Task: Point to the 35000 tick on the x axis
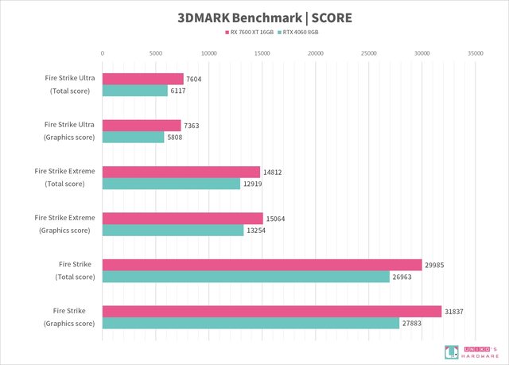476,52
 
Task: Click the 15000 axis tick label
262,52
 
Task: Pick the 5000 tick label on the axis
156,52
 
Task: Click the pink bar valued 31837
271,311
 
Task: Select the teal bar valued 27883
251,323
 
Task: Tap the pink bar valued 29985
262,265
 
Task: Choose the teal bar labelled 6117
134,91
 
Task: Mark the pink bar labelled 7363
142,126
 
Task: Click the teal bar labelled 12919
171,184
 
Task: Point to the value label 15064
276,219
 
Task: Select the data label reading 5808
176,138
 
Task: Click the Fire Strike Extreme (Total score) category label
65,177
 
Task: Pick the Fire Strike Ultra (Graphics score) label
69,131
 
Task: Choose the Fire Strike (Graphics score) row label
69,316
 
